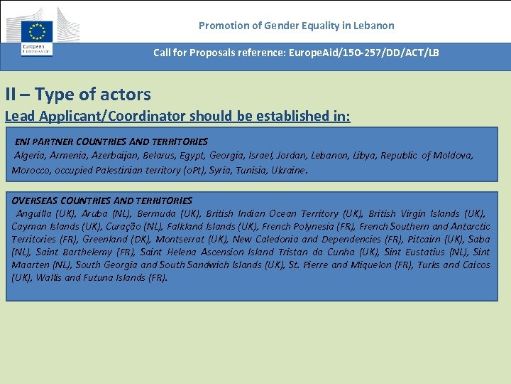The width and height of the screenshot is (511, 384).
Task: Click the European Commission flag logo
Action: pos(37,31)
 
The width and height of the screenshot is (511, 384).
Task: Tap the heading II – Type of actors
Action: pos(78,94)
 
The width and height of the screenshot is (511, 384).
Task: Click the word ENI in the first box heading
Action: pos(23,142)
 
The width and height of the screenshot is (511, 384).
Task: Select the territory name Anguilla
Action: pos(35,213)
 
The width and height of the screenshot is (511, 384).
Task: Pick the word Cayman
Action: pos(30,226)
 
